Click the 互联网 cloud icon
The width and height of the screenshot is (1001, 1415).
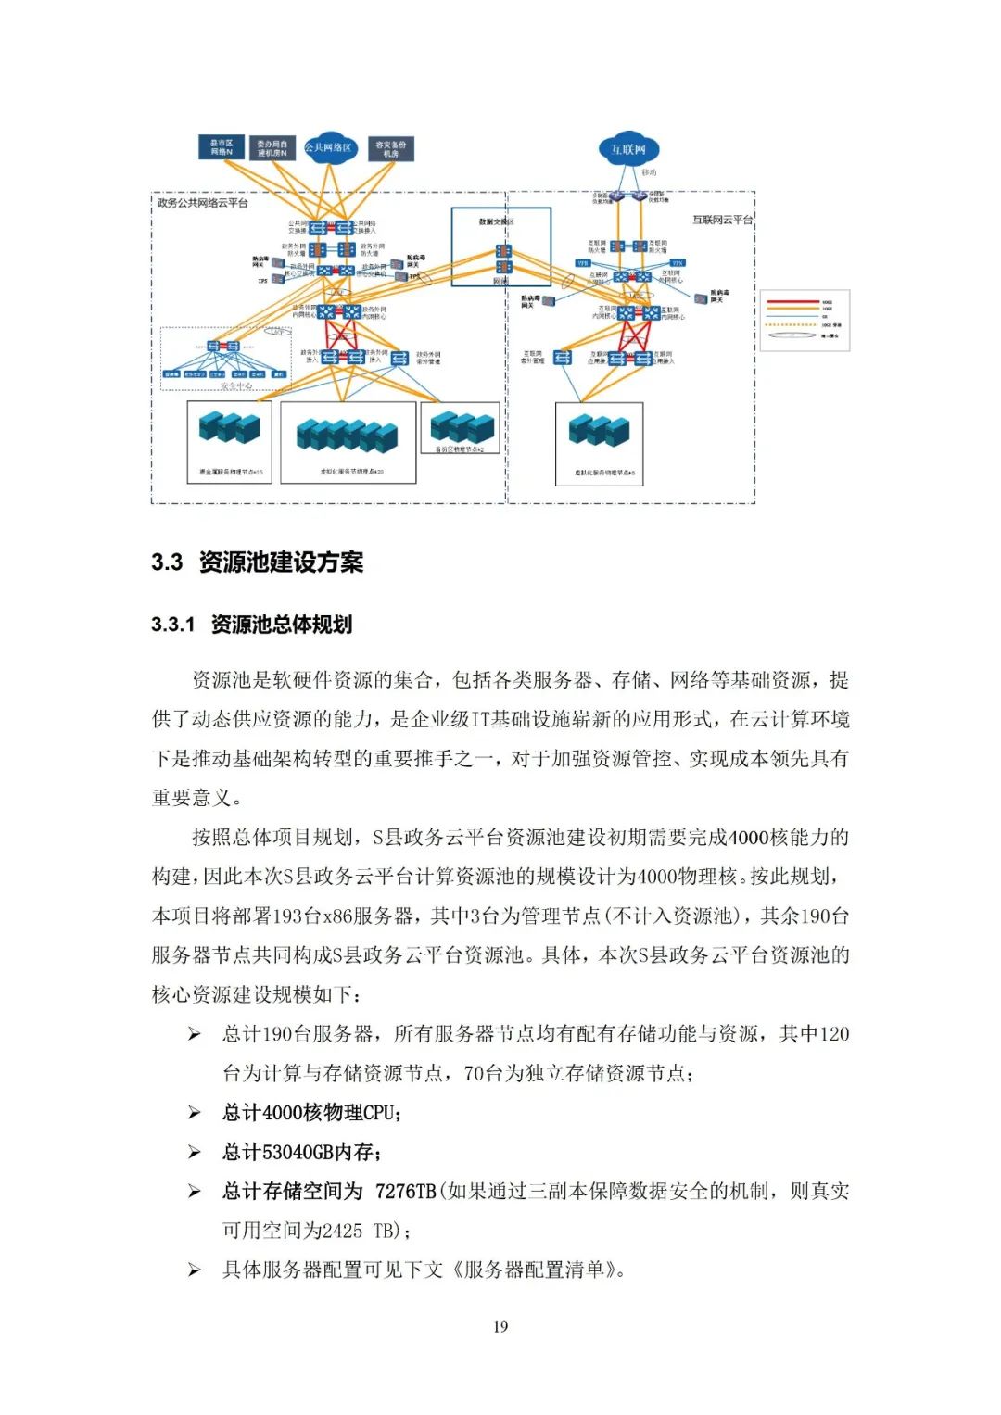coord(628,148)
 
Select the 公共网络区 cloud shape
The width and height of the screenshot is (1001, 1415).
coord(329,147)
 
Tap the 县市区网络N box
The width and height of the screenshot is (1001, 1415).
coord(222,147)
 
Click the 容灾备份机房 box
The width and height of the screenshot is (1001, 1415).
coord(390,148)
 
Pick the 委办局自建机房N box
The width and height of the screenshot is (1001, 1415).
coord(272,148)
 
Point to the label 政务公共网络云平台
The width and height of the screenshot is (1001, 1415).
coord(203,203)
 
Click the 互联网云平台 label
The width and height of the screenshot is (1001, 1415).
coord(722,220)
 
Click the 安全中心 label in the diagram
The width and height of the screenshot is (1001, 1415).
coord(236,385)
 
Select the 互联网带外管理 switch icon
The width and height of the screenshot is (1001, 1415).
coord(563,358)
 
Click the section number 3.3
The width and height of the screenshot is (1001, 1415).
coord(167,562)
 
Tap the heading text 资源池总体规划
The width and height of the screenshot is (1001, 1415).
coord(282,625)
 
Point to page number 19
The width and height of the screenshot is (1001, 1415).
coord(500,1327)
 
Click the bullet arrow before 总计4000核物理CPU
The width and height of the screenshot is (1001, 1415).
coord(195,1112)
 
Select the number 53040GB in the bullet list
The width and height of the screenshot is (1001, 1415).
coord(298,1152)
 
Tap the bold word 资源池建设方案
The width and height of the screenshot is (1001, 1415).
coord(281,562)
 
